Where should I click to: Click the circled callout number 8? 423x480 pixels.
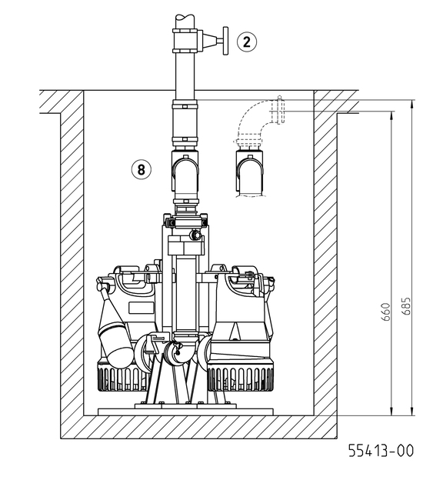click(x=141, y=168)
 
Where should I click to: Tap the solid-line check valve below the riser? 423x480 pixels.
click(x=185, y=176)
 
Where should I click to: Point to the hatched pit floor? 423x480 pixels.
click(x=200, y=427)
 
